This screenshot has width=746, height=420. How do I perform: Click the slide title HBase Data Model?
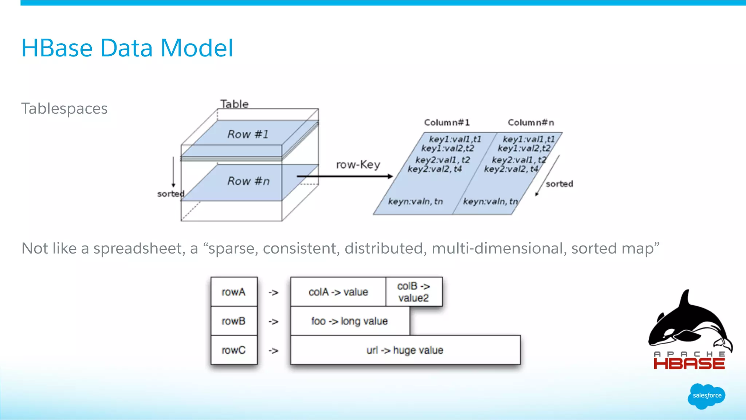point(127,48)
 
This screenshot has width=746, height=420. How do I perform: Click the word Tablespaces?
point(64,109)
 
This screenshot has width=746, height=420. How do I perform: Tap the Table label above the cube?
point(234,104)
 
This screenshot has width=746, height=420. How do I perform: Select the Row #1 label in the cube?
point(248,134)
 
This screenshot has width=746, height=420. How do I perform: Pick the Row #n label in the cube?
point(248,181)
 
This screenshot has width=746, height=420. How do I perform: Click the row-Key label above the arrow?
point(358,165)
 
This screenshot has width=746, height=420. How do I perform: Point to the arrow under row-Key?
point(344,176)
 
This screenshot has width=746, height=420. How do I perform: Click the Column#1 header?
point(447,122)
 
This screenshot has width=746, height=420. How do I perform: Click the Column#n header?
point(531,122)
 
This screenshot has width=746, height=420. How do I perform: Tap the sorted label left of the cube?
point(170,194)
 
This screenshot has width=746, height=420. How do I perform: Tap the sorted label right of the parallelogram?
point(559,184)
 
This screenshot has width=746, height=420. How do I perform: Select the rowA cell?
point(234,292)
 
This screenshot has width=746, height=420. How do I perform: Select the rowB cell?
point(234,321)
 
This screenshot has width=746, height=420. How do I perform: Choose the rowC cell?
point(234,350)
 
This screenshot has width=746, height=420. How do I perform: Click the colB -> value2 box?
point(414,292)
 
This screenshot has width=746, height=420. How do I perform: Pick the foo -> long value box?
point(350,321)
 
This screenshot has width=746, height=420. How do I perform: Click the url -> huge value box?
point(405,350)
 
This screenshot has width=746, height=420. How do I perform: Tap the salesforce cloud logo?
point(707,396)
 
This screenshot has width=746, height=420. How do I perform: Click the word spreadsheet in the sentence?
point(139,249)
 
